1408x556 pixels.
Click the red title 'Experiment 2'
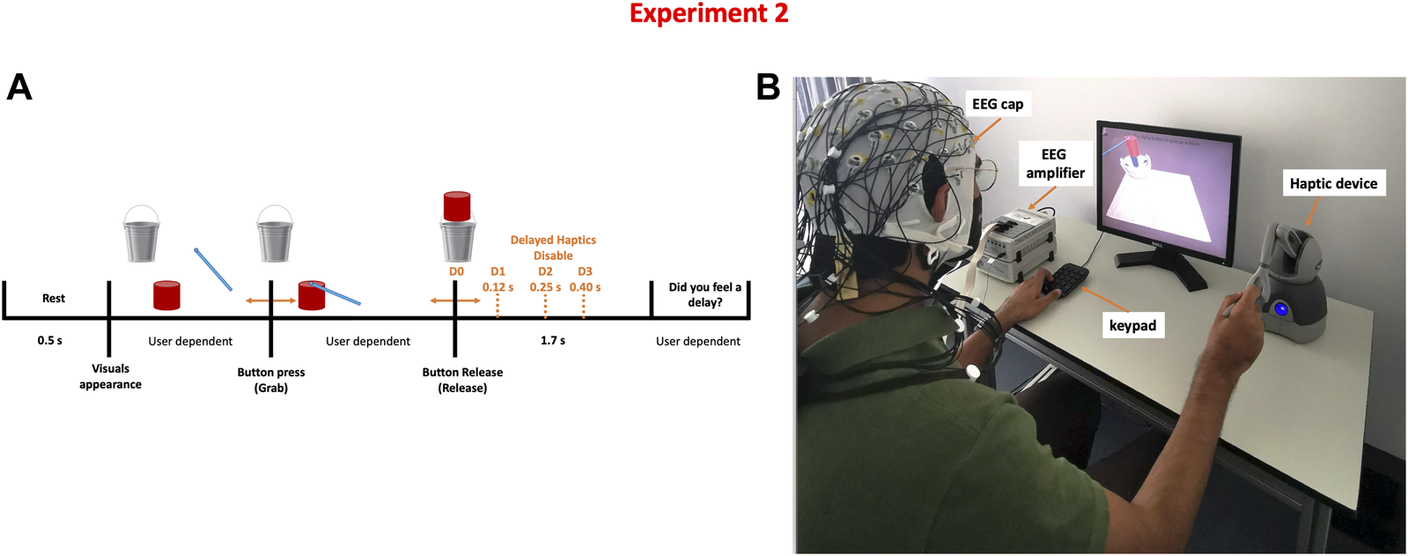(x=708, y=14)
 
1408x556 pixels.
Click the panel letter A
(x=19, y=87)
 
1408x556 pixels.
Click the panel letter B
(x=768, y=87)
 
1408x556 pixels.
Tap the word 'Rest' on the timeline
(x=54, y=298)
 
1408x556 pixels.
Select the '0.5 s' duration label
(x=50, y=340)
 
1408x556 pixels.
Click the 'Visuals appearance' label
(x=110, y=376)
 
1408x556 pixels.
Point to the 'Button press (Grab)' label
(x=271, y=380)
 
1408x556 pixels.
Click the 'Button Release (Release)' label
(x=462, y=380)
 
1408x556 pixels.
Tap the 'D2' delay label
(x=545, y=271)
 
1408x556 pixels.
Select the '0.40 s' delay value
(x=585, y=287)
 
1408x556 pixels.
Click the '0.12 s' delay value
(x=498, y=287)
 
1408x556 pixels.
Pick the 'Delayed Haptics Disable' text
(x=553, y=248)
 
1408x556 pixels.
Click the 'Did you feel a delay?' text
(x=704, y=294)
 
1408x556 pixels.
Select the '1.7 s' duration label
(x=553, y=340)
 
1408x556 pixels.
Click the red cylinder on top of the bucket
(x=456, y=206)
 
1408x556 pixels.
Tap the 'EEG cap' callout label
(x=998, y=104)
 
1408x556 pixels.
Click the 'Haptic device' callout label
(x=1333, y=183)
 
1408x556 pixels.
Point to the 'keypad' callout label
(x=1132, y=325)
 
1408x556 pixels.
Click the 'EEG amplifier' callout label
(x=1054, y=164)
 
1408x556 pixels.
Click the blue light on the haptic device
(x=1280, y=309)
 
